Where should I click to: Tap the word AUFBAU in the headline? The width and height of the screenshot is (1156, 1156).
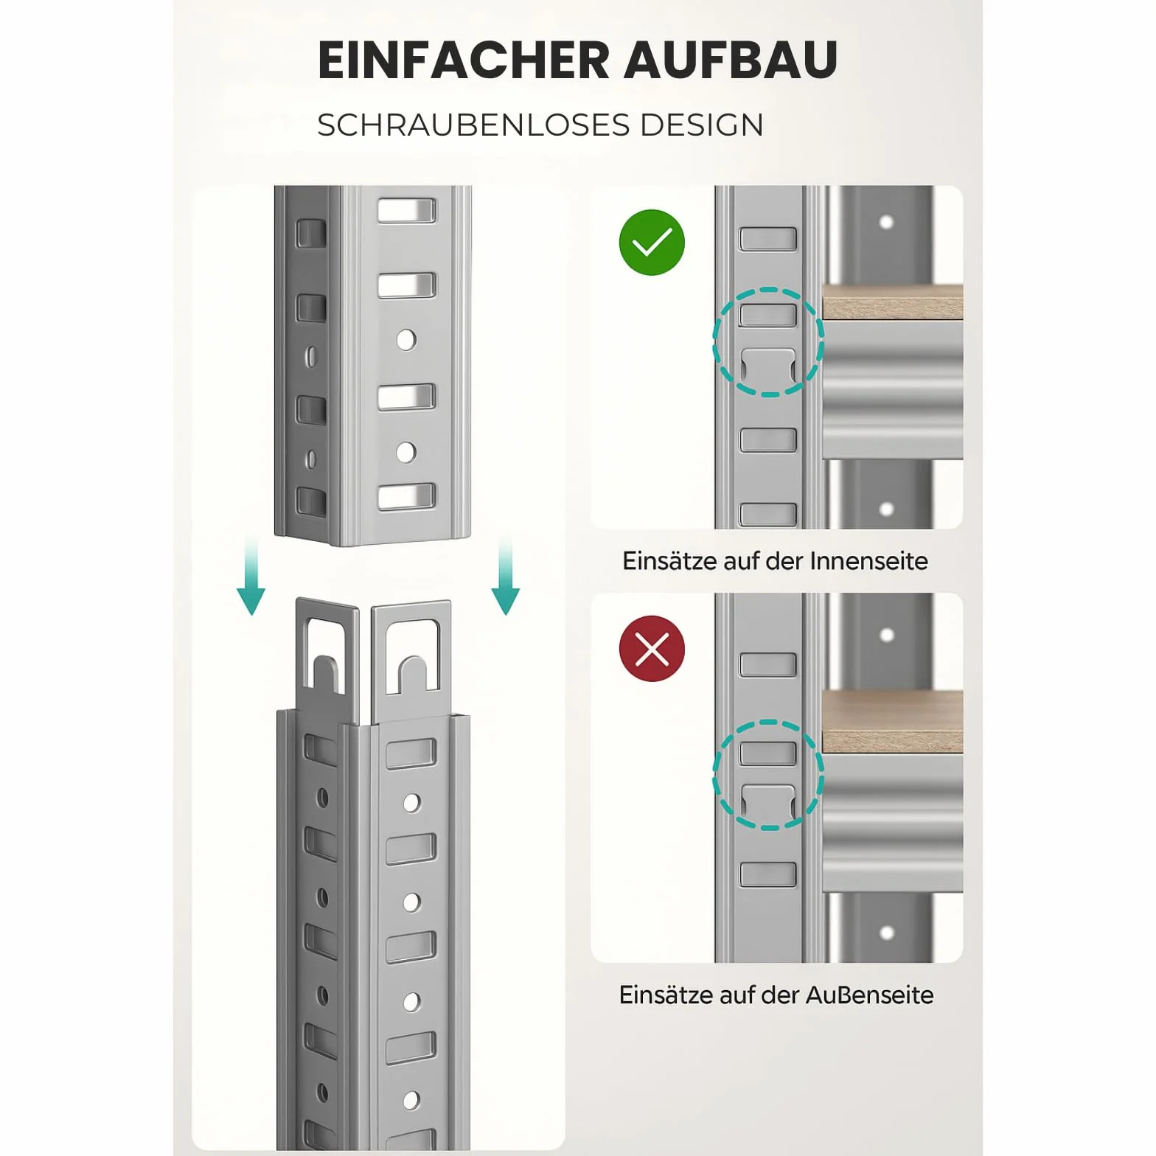click(x=731, y=60)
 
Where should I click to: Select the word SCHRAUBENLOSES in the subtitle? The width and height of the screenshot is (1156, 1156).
click(x=474, y=125)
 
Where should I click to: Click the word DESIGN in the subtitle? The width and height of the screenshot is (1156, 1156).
click(x=702, y=125)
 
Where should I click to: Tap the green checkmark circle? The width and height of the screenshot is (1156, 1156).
click(x=652, y=243)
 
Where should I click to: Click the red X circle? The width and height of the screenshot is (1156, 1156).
click(x=652, y=649)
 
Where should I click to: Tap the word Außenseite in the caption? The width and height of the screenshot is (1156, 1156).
click(x=869, y=995)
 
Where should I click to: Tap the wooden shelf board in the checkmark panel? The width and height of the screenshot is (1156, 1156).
click(x=893, y=302)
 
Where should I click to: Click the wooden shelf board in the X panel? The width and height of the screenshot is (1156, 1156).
click(x=893, y=722)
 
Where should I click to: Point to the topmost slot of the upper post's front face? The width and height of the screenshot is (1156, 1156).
click(x=407, y=210)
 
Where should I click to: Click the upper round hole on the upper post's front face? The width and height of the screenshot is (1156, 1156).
click(x=406, y=340)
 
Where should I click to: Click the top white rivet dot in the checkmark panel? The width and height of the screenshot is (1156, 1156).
click(x=887, y=222)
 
